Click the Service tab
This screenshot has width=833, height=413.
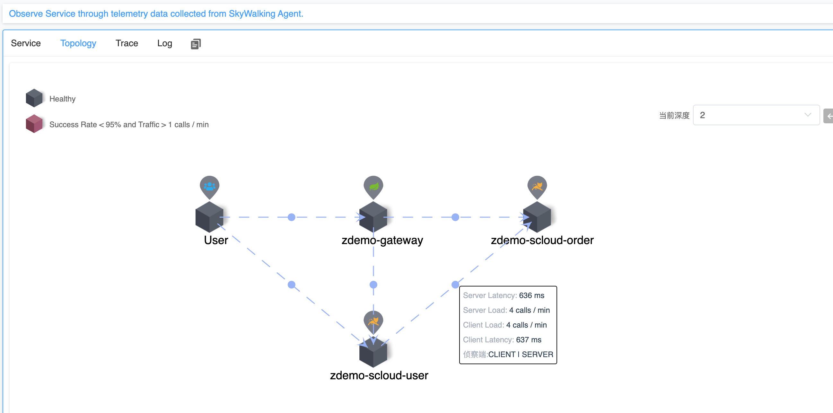coord(26,43)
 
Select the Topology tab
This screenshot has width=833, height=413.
coord(78,43)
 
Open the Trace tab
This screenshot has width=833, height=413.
coord(127,43)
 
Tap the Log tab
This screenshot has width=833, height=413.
coord(165,43)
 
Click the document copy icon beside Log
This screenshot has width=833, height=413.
coord(196,44)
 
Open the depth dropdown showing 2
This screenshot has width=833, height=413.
coord(756,115)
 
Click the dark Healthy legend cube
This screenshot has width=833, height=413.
coord(34,98)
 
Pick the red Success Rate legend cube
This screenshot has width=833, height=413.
coord(34,124)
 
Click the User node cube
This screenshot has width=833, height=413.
coord(210,217)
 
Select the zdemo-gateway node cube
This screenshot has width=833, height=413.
coord(373,217)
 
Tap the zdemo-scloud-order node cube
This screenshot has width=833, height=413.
coord(537,217)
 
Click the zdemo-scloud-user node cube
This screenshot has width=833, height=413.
coord(373,352)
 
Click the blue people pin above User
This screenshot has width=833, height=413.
coord(210,187)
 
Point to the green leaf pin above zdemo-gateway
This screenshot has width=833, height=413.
coord(373,187)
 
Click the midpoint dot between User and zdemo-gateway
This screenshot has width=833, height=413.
coord(291,217)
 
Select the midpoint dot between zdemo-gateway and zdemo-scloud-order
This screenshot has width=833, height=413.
coord(455,217)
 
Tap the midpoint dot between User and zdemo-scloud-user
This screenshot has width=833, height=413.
coord(291,285)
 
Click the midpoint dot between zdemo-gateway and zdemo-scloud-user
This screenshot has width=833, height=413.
coord(373,285)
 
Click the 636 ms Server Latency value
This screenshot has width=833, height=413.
coord(531,295)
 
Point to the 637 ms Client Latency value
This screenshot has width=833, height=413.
coord(528,339)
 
